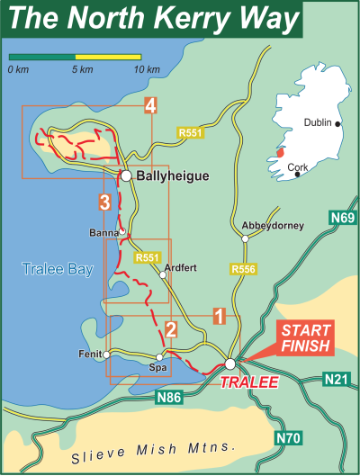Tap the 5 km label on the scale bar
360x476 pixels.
[81, 69]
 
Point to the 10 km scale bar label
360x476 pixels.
[146, 69]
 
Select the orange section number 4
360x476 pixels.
[150, 106]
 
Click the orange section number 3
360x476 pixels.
[105, 201]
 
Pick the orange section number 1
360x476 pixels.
[218, 316]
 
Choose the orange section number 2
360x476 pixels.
[170, 330]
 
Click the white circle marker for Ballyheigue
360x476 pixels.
[128, 176]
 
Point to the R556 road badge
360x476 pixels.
[243, 269]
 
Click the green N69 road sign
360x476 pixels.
[343, 219]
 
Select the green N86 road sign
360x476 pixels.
[169, 396]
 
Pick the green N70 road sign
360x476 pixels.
[287, 437]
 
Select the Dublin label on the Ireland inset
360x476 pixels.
[318, 123]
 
